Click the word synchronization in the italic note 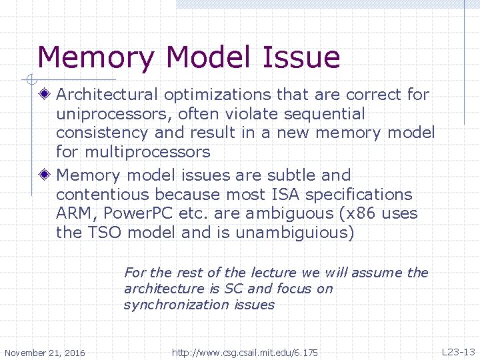(176, 305)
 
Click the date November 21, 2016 (45, 353)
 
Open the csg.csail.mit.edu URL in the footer (245, 352)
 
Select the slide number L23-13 (458, 351)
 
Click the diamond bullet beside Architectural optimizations (44, 95)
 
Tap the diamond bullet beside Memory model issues (44, 175)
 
